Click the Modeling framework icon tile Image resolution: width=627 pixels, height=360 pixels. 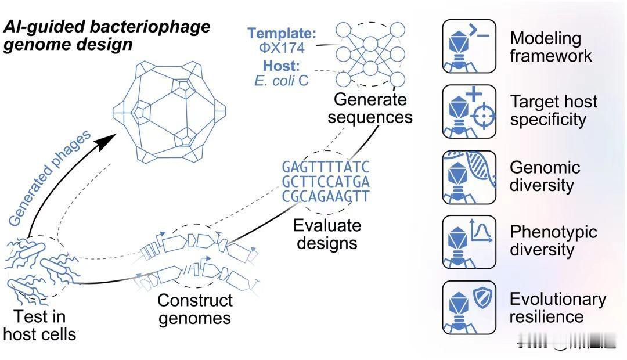pos(469,46)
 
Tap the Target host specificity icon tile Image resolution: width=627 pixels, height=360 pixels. pos(469,111)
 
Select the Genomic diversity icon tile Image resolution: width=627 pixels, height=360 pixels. pos(469,177)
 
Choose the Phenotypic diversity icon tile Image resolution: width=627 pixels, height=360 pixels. pos(469,242)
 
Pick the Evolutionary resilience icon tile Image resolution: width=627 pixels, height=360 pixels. pos(469,307)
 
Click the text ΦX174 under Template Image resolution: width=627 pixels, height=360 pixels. pos(282,48)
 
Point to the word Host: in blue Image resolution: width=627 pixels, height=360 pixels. pos(281,66)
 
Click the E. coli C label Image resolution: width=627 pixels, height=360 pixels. pos(282,81)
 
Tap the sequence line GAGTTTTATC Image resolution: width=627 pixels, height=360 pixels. pos(326,167)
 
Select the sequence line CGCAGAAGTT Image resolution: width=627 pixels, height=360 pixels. pos(326,196)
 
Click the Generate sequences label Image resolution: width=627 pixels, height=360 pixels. pos(370,108)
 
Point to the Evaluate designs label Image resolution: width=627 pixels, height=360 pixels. pos(327,234)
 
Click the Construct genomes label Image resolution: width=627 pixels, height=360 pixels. pos(195,309)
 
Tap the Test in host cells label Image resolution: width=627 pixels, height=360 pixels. pos(39,325)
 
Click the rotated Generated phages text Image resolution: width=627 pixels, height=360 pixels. pos(49,178)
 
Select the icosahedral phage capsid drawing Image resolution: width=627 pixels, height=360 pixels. pos(169,111)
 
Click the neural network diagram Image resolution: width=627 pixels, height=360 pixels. pos(370,54)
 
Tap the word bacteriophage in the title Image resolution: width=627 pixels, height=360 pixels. pos(150,27)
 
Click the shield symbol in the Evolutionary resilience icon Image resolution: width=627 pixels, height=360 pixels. pos(482,298)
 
